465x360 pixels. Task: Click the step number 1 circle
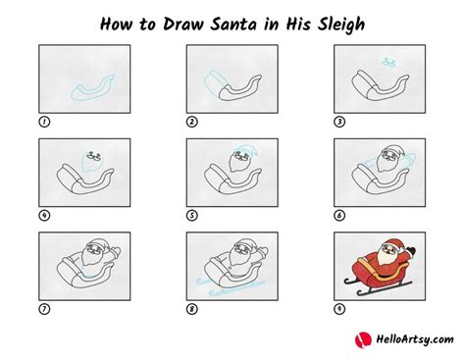[x=44, y=123]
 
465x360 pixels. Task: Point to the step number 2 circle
[x=192, y=123]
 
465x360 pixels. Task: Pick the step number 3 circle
[x=339, y=123]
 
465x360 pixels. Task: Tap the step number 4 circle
[x=44, y=216]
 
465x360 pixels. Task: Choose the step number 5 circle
[x=192, y=216]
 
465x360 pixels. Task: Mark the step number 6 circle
[x=339, y=216]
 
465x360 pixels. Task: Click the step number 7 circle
[x=44, y=309]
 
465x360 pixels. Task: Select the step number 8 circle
[x=192, y=309]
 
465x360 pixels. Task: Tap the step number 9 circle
[x=339, y=309]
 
